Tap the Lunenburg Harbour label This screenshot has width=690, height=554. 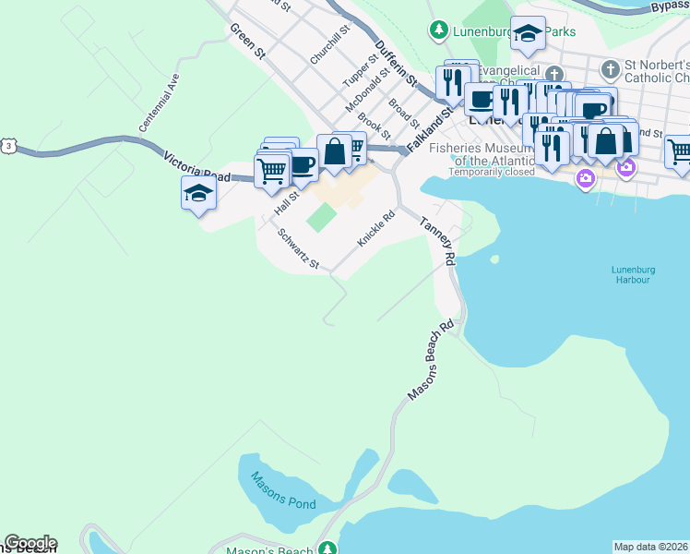631,274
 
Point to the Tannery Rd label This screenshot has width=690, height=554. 439,242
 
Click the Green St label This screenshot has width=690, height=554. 248,42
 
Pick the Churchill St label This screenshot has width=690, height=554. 330,43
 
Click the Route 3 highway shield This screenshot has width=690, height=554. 8,146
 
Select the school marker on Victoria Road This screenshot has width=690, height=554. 198,193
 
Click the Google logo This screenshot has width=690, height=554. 30,543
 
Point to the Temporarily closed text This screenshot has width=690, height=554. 492,172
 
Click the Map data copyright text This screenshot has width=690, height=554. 651,547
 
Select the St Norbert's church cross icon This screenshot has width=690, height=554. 611,69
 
